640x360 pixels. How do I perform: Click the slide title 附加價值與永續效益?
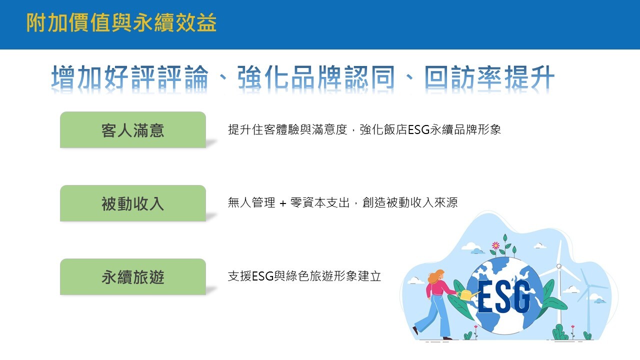tap(121, 22)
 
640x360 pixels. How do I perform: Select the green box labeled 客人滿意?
tap(133, 129)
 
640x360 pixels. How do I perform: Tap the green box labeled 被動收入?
tap(133, 203)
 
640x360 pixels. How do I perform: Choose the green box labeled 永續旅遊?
tap(133, 276)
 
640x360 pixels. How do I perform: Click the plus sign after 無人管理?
tap(283, 203)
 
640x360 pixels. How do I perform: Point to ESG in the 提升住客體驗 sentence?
tap(418, 129)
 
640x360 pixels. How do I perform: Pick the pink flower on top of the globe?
tap(495, 245)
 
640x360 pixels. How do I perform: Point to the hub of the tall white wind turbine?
tap(559, 266)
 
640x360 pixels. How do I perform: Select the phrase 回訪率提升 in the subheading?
tap(489, 77)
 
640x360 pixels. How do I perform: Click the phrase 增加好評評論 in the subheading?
tap(130, 77)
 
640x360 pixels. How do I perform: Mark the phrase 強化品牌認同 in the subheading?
tap(316, 77)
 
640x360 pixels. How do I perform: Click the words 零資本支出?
tap(320, 203)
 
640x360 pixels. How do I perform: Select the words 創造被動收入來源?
tap(410, 203)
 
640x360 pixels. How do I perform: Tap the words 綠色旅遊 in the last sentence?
tap(309, 276)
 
